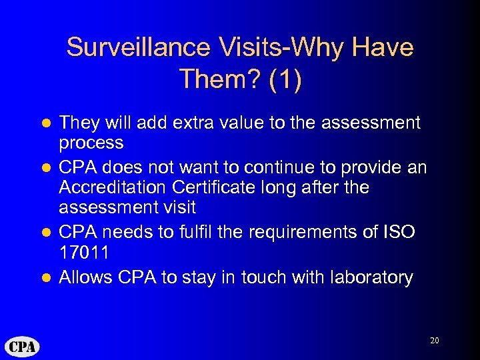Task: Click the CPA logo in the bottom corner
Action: (x=23, y=347)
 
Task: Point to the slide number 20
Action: (x=435, y=341)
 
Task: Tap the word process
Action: (x=91, y=143)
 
